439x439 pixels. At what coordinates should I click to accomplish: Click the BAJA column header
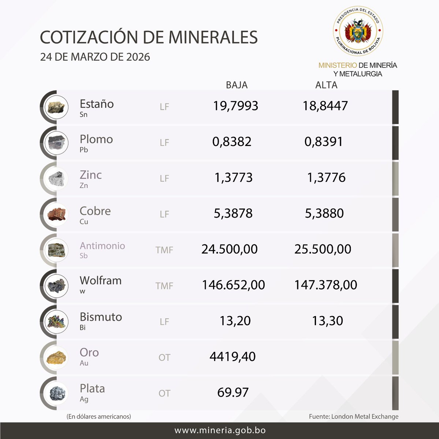pos(237,85)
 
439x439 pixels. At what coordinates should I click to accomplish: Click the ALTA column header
pos(326,85)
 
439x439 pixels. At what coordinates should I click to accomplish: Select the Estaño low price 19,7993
pos(236,106)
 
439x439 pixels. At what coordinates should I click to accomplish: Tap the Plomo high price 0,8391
pos(324,142)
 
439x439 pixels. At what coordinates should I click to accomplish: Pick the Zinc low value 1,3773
pos(234,177)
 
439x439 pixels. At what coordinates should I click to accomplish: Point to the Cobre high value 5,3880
pos(324,213)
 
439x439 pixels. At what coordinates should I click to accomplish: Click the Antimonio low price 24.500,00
pos(230,249)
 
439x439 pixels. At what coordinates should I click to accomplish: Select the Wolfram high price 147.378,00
pos(326,285)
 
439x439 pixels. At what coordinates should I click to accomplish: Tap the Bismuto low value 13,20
pos(235,321)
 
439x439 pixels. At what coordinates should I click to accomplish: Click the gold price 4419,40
pos(232,356)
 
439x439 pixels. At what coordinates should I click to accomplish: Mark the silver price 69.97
pos(233,392)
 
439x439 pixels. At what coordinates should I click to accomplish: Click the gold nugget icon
pos(57,357)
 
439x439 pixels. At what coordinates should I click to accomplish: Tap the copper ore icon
pos(57,214)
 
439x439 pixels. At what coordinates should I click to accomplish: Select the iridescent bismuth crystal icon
pos(57,322)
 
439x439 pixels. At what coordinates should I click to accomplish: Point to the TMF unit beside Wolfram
pos(164,286)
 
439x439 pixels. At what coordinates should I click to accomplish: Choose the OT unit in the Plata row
pos(164,393)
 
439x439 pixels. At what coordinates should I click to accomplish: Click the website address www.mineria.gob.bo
pos(220,431)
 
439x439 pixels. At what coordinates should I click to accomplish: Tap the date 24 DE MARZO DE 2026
pos(95,57)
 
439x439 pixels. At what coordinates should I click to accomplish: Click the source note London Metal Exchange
pos(354,416)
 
